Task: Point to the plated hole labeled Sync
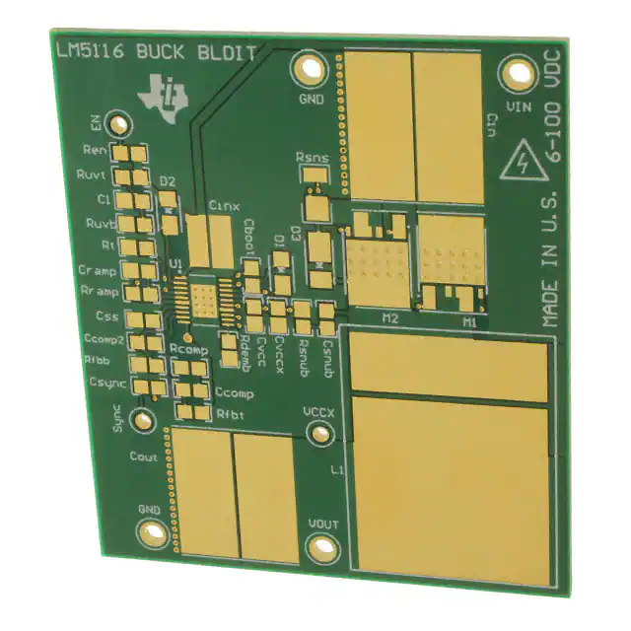pyautogui.click(x=145, y=421)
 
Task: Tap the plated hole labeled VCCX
pyautogui.click(x=317, y=434)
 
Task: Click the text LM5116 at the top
pyautogui.click(x=81, y=50)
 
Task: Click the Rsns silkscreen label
pyautogui.click(x=313, y=157)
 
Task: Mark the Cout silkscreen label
pyautogui.click(x=144, y=456)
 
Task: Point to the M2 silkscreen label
pyautogui.click(x=388, y=318)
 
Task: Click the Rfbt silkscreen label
pyautogui.click(x=229, y=414)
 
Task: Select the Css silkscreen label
pyautogui.click(x=107, y=317)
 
